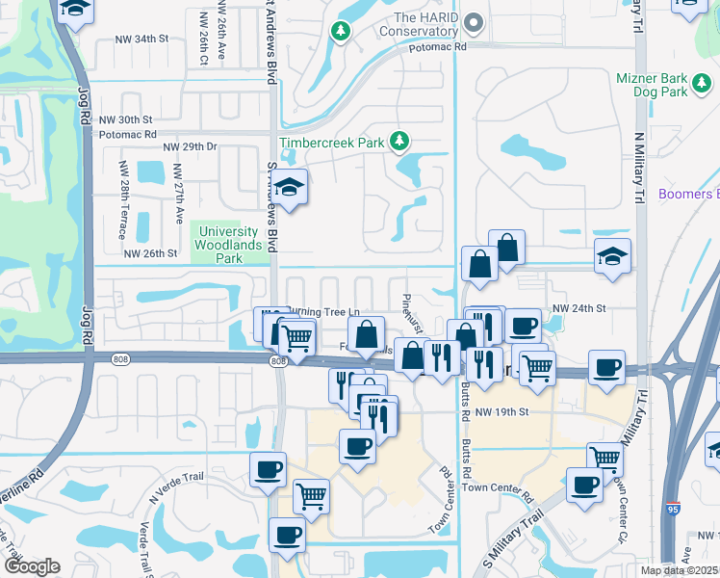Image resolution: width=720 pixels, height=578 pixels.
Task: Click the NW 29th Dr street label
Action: point(191,146)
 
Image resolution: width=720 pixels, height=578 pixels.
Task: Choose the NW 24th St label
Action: point(578,308)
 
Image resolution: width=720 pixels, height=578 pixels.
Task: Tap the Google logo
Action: point(31,566)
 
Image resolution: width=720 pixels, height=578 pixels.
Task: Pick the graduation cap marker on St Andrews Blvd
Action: point(292,185)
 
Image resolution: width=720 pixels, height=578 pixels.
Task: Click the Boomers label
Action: point(687,195)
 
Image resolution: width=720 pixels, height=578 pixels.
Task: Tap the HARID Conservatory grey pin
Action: point(473,21)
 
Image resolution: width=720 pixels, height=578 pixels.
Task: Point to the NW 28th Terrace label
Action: point(124,188)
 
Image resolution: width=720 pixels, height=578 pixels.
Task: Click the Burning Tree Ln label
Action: point(325,311)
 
